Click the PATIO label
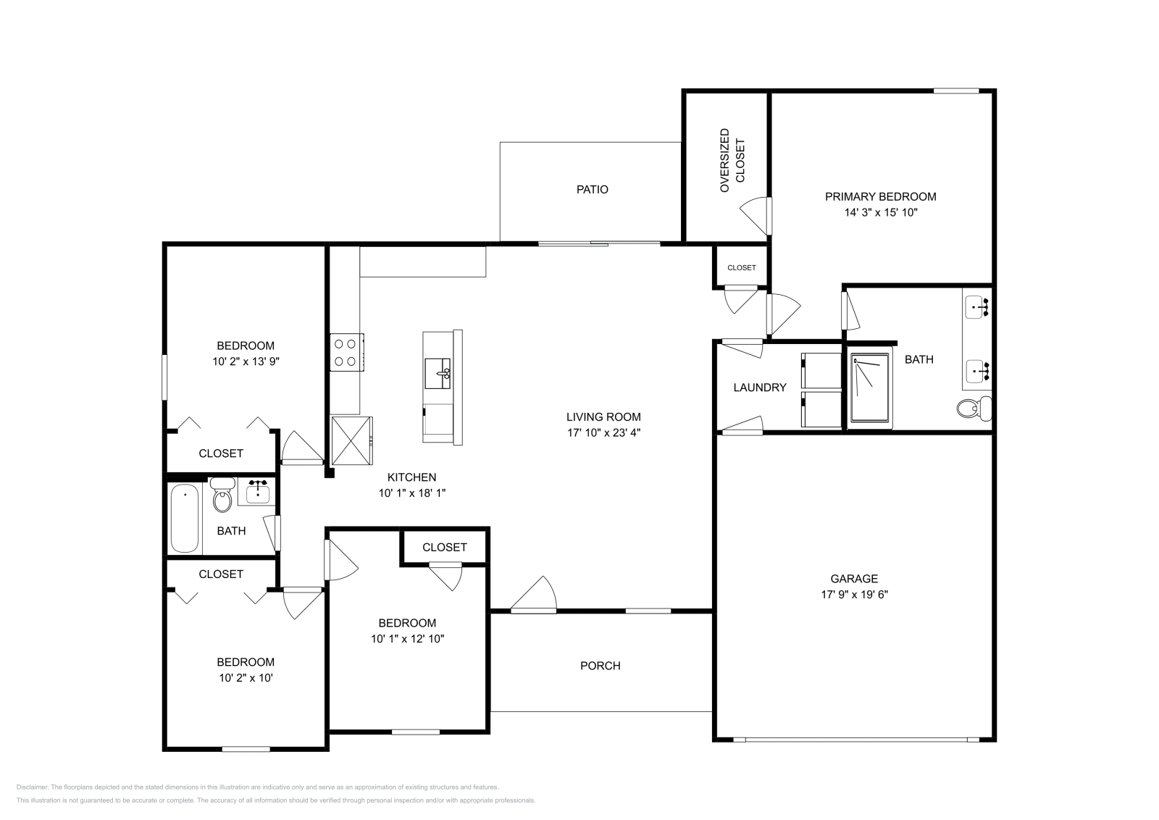(592, 189)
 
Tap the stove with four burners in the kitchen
(347, 352)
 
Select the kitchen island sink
(438, 373)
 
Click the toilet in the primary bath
(974, 409)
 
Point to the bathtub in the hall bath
(185, 518)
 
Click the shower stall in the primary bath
(870, 388)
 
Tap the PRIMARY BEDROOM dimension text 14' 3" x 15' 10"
(881, 212)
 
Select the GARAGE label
(854, 578)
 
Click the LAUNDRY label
(760, 387)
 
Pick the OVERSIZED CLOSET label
(732, 160)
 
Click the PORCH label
(601, 665)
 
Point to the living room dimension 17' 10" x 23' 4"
(603, 432)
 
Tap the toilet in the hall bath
(222, 495)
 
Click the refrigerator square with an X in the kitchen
(351, 440)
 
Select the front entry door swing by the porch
(533, 594)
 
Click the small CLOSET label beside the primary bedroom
(742, 267)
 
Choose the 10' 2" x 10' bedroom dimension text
(246, 678)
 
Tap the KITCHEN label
(411, 477)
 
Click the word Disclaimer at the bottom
(32, 787)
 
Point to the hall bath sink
(257, 492)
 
